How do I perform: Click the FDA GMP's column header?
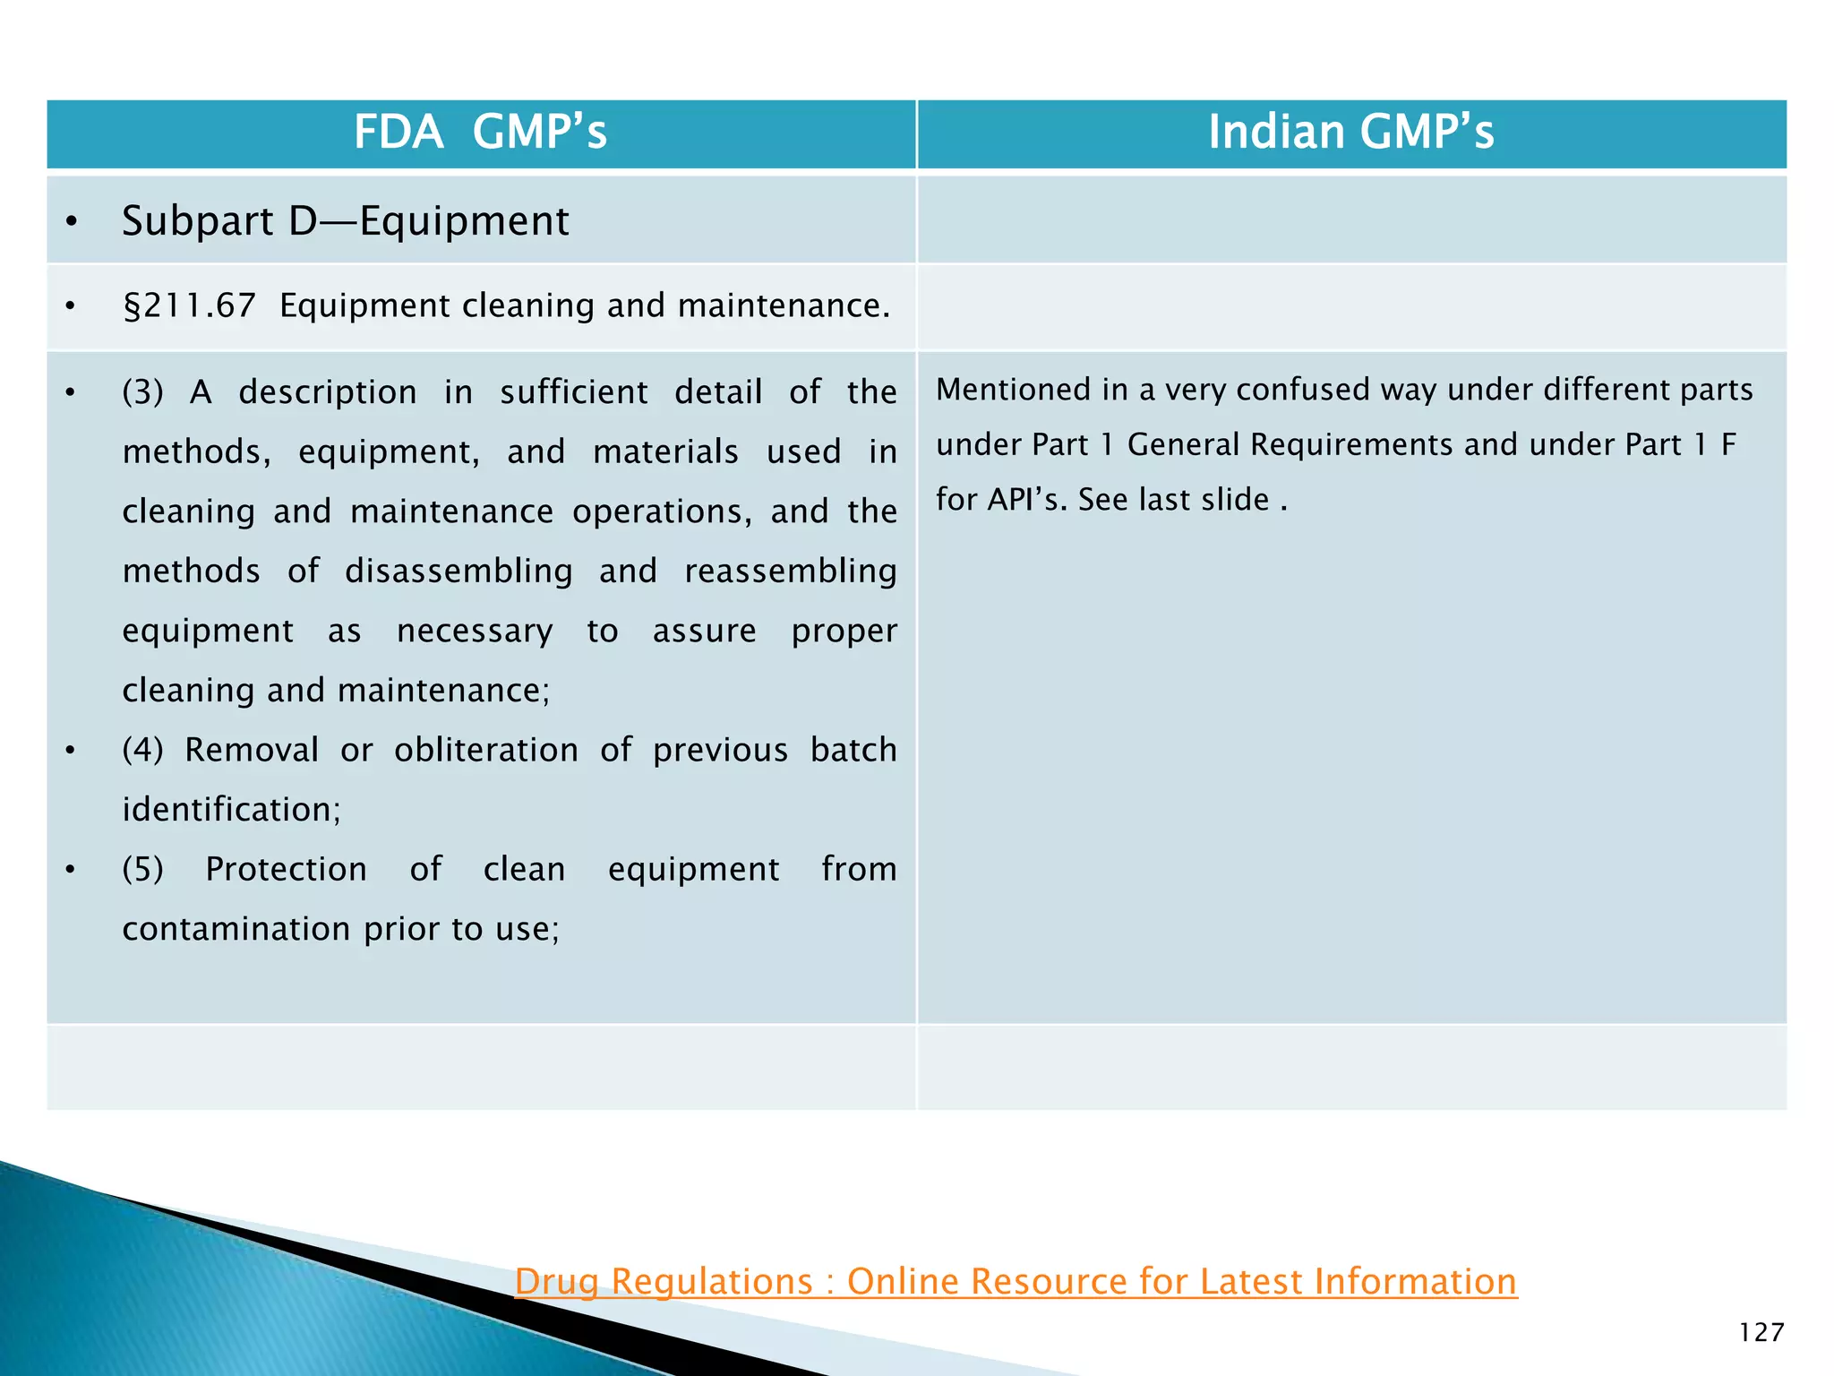(480, 133)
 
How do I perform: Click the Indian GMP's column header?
(1350, 133)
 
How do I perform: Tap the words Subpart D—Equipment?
(345, 221)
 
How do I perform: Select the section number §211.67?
(189, 306)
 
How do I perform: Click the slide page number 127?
(1761, 1332)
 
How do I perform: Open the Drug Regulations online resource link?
(1016, 1281)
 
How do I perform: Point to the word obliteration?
(486, 750)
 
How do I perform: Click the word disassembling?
(458, 571)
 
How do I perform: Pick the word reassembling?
(790, 571)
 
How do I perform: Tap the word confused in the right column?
(1309, 390)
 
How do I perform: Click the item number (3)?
(142, 392)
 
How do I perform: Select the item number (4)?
(142, 750)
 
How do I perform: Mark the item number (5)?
(142, 869)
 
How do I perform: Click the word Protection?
(286, 869)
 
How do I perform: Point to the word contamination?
(236, 929)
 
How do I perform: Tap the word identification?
(231, 810)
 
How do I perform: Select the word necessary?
(475, 631)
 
